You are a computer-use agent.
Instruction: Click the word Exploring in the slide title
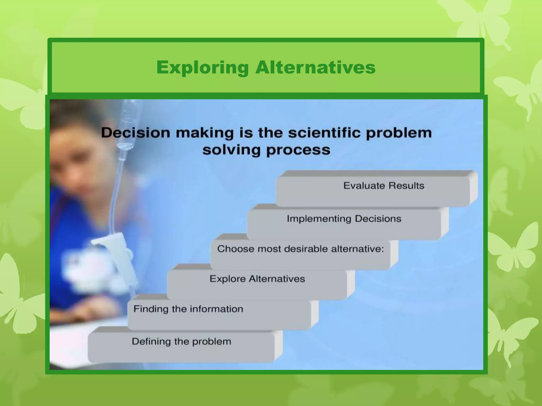point(202,68)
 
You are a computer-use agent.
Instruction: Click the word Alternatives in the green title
point(315,68)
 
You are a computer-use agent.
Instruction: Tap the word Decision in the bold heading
point(135,133)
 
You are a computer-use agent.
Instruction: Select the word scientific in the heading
point(324,133)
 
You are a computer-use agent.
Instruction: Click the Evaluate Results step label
point(383,186)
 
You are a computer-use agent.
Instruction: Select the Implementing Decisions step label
point(344,219)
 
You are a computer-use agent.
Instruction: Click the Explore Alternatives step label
point(257,279)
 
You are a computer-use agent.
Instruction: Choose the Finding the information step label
point(188,309)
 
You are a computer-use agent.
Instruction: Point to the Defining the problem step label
point(181,342)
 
